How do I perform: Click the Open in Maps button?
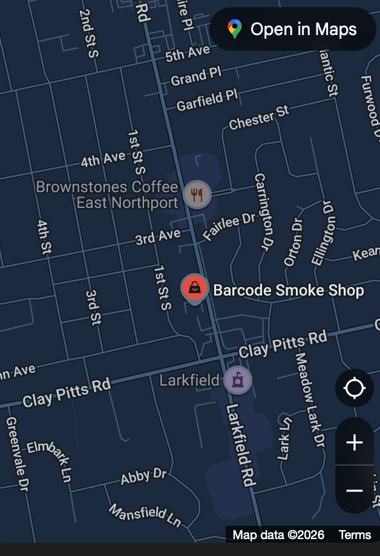click(x=293, y=29)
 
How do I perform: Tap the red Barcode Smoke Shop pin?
click(x=194, y=287)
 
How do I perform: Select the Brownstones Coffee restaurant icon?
click(x=197, y=195)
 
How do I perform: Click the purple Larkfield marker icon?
click(x=238, y=380)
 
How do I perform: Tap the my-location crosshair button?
click(x=355, y=388)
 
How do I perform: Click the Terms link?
click(x=355, y=535)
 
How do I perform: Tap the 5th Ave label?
click(x=187, y=54)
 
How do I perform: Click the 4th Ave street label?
click(x=103, y=159)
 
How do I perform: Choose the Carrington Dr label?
click(x=263, y=212)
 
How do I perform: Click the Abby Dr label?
click(x=143, y=477)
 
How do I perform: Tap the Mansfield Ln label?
click(x=145, y=514)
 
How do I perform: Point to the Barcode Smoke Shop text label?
click(x=289, y=290)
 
